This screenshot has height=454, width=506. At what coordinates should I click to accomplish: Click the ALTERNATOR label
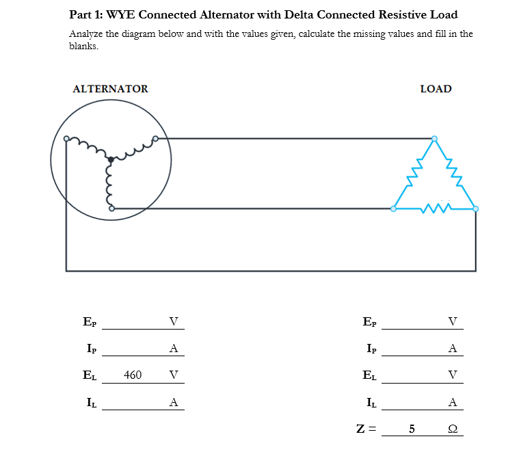point(110,89)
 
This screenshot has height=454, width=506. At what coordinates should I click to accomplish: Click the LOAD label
point(436,89)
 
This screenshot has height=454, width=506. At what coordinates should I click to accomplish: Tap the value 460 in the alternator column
point(133,375)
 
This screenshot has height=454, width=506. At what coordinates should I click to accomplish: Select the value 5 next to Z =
point(412,429)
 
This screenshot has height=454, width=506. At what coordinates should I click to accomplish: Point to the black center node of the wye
point(111,159)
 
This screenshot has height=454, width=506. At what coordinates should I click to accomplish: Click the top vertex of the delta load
point(434,138)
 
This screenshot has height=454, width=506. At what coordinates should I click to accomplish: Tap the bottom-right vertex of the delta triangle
point(476,209)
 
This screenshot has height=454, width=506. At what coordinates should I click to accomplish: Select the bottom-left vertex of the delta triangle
point(393,209)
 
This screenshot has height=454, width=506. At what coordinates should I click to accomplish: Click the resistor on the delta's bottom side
point(436,207)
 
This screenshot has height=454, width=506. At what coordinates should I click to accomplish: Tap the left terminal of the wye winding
point(66,139)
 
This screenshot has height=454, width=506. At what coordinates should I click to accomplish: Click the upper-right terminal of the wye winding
point(155,139)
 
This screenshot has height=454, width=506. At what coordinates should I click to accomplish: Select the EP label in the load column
point(369,321)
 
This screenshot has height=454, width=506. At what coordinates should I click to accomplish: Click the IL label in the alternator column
point(89,402)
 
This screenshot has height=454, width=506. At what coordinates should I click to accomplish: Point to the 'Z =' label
point(367,429)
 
